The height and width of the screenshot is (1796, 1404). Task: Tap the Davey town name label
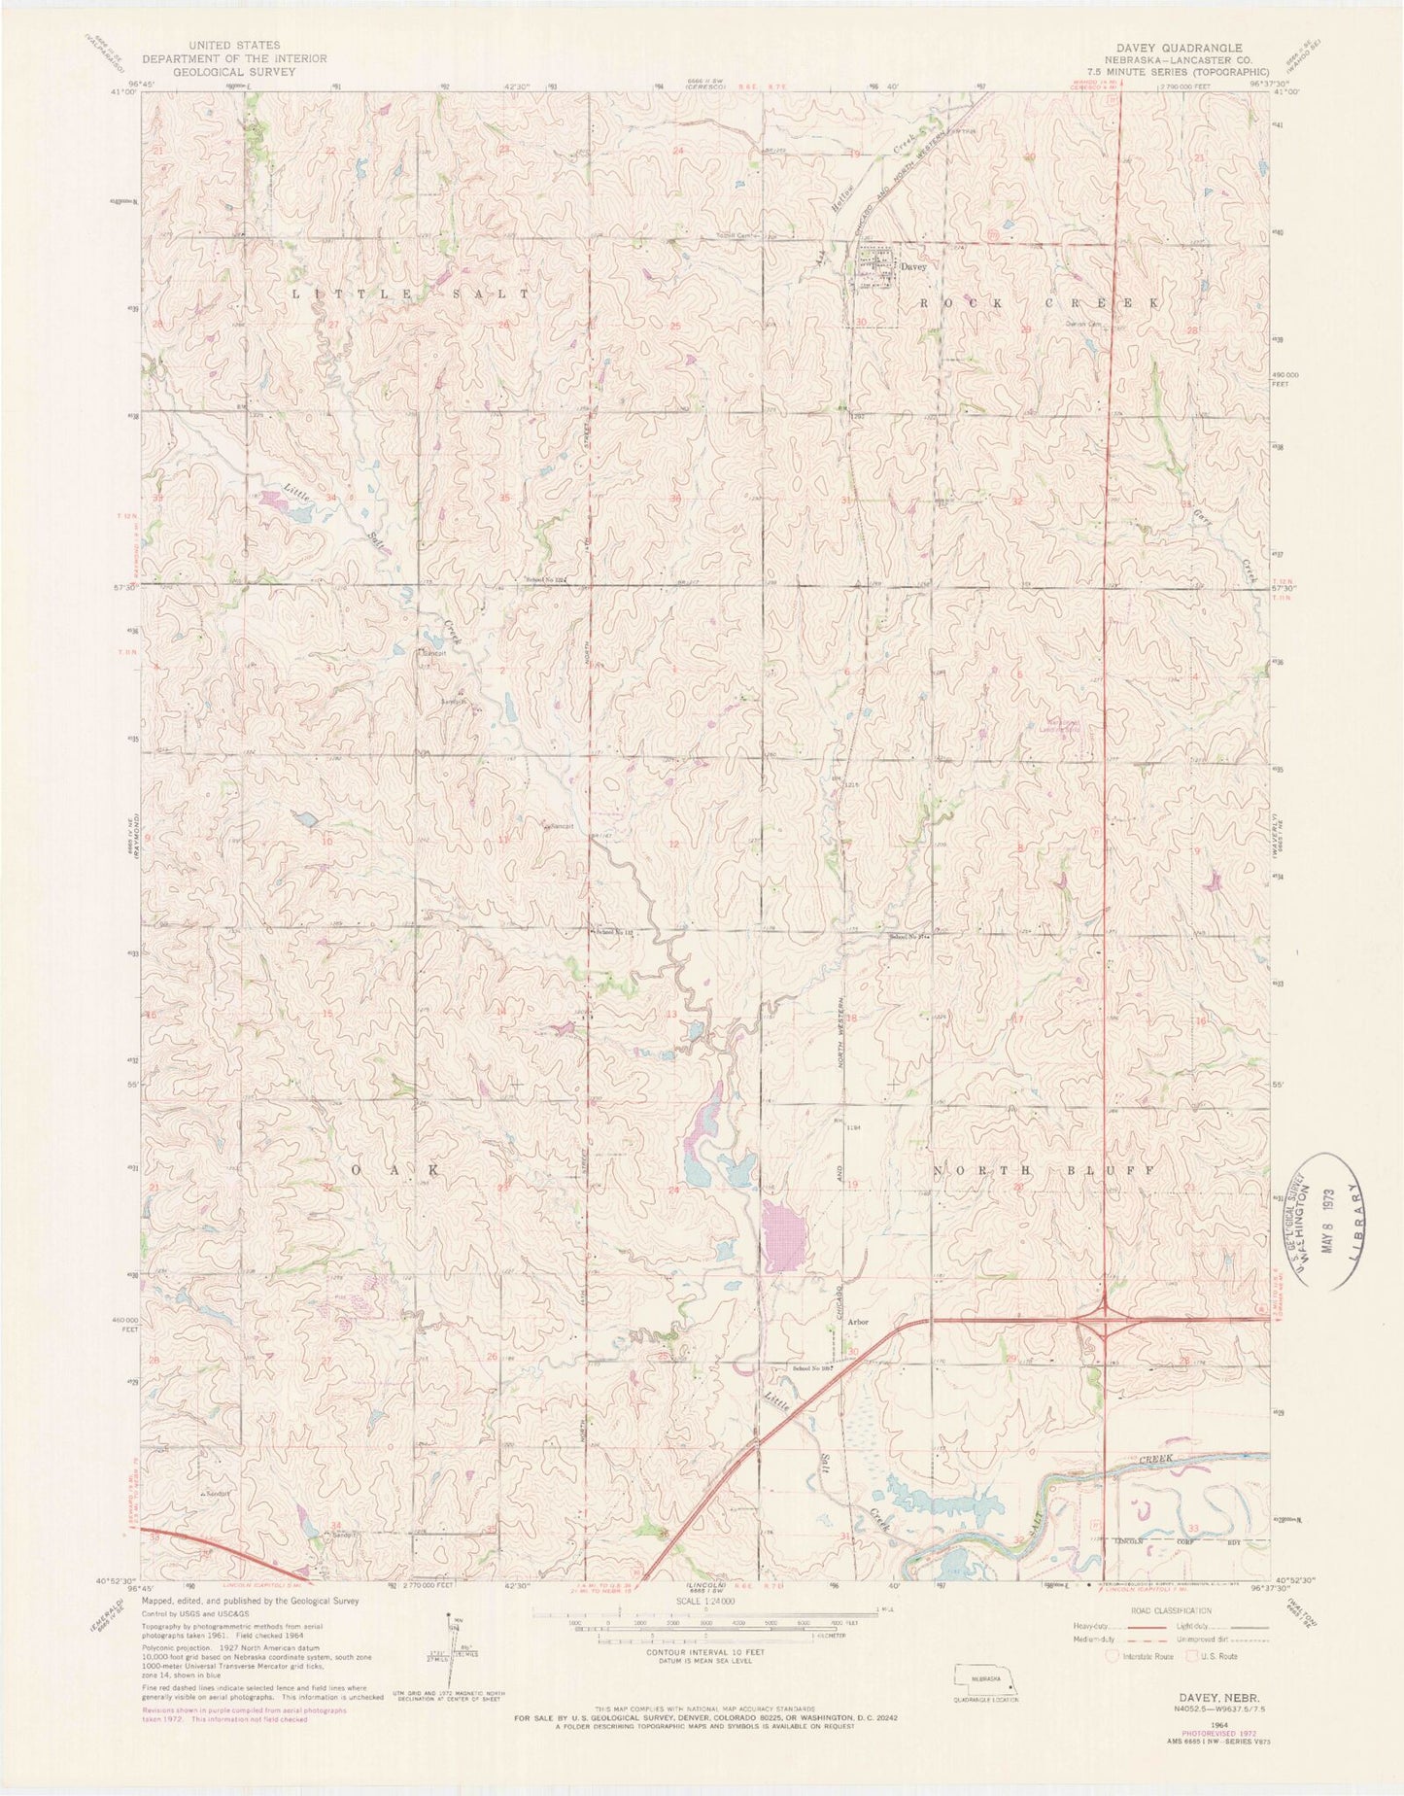click(x=913, y=266)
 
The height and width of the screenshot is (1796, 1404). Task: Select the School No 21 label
click(x=908, y=938)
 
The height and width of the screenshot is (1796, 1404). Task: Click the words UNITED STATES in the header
click(x=221, y=45)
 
